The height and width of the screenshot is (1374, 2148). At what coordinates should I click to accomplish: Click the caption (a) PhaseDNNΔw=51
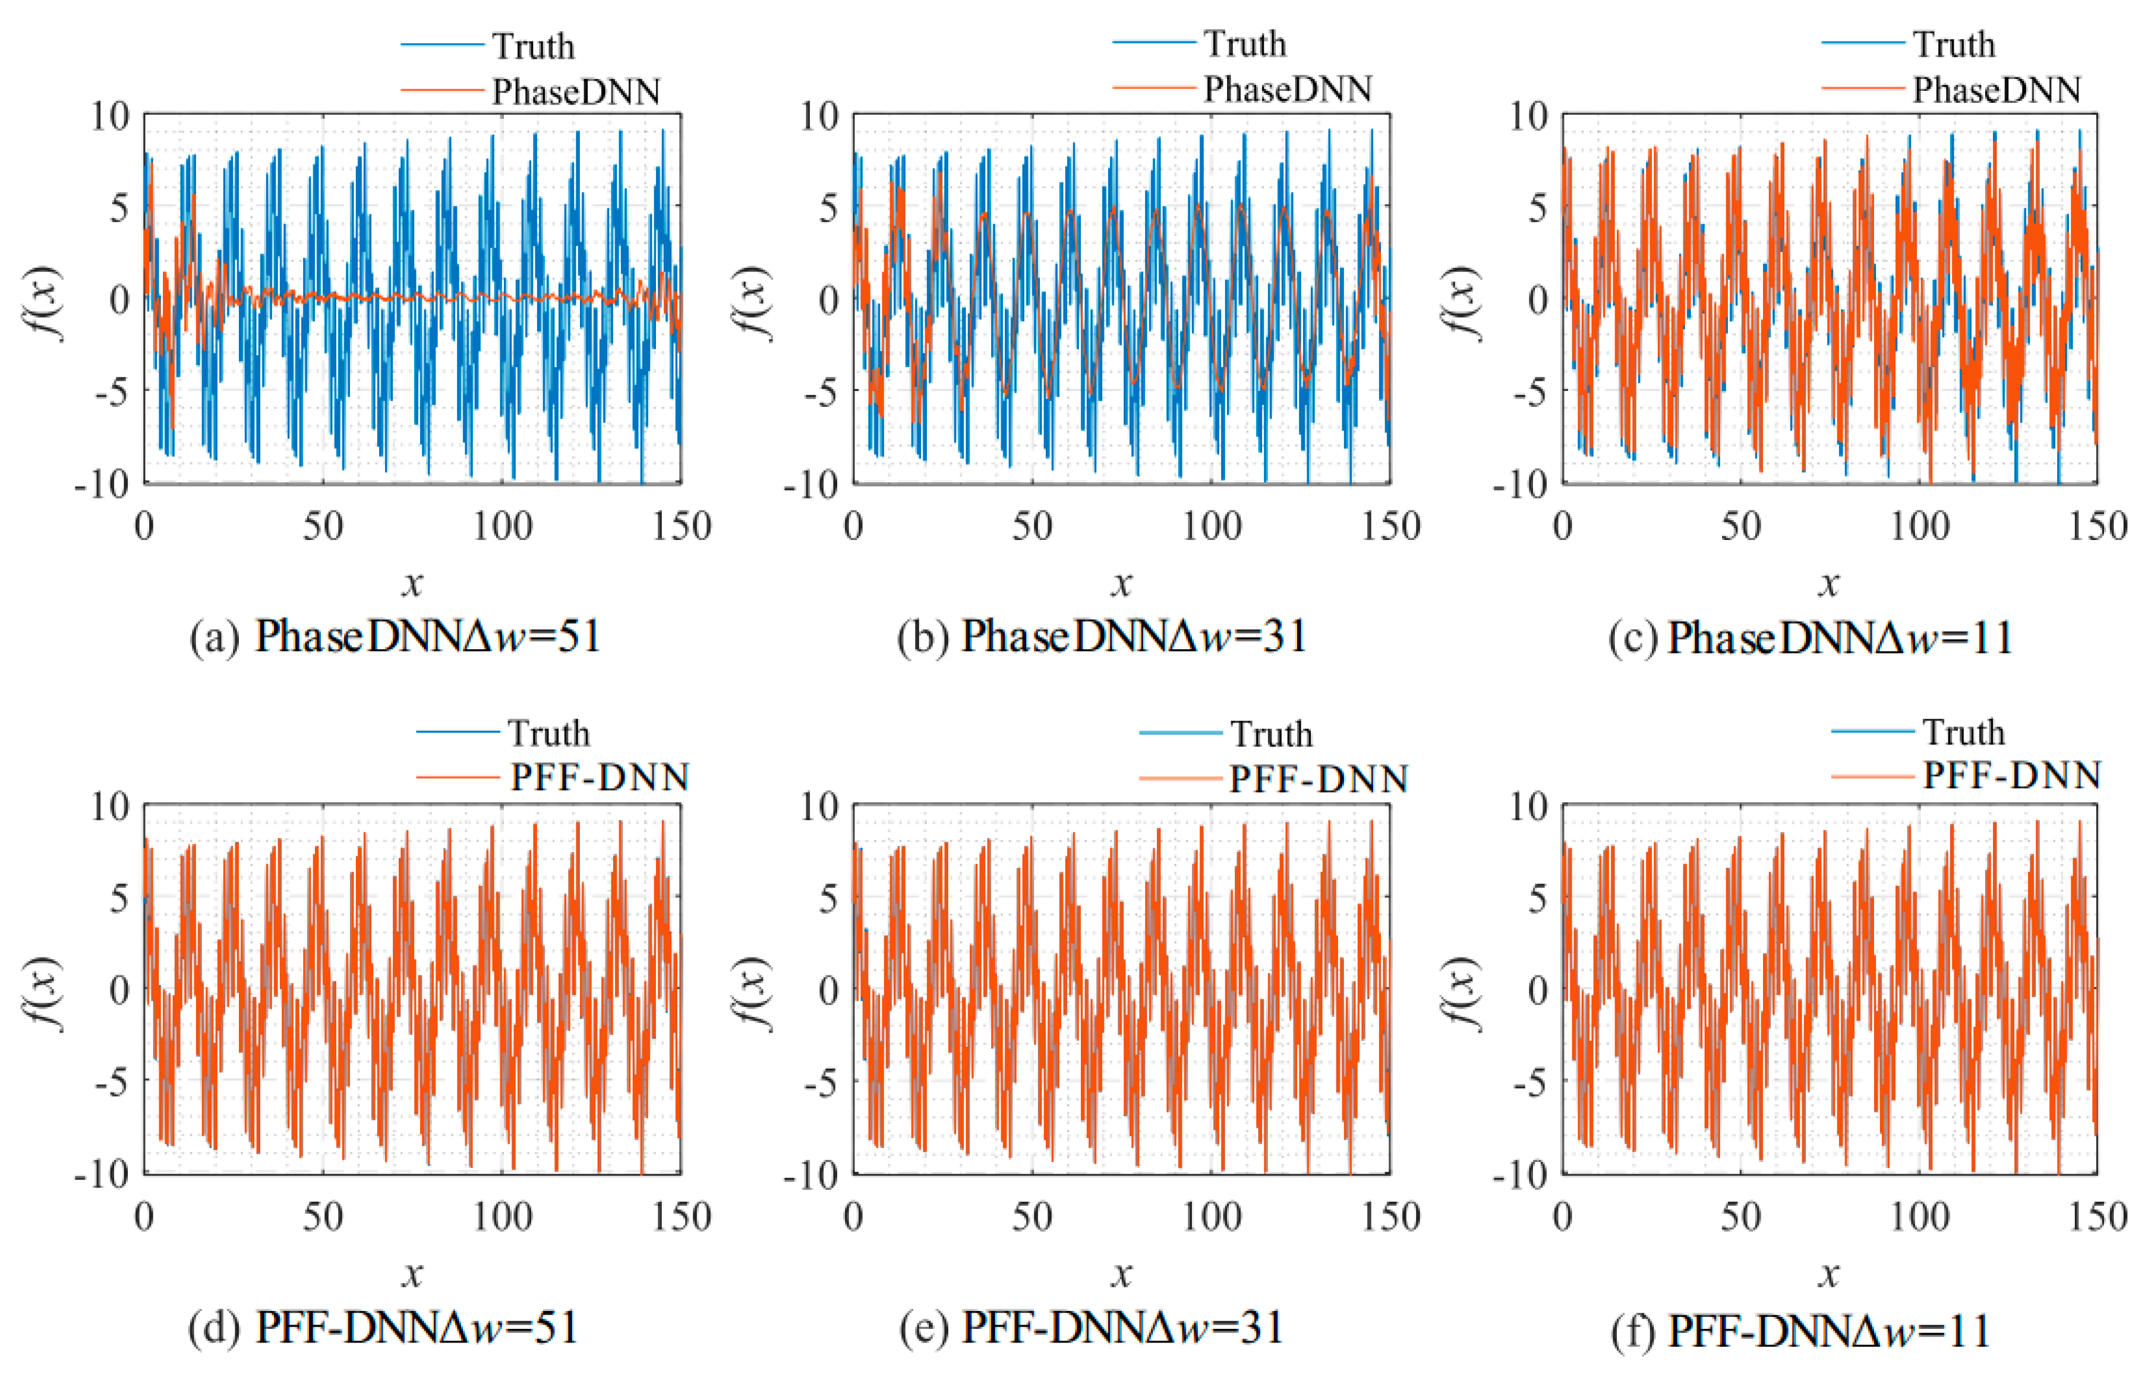click(x=395, y=637)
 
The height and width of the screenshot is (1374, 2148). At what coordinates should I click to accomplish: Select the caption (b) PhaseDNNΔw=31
click(x=1103, y=637)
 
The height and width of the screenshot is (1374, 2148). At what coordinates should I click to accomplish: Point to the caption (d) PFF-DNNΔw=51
click(x=384, y=1328)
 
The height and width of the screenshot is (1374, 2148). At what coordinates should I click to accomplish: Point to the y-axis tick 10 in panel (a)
click(x=110, y=116)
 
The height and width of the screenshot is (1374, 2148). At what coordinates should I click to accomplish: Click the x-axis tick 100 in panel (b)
click(x=1211, y=526)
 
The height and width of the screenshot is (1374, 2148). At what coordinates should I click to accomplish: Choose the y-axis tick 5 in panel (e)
click(x=828, y=898)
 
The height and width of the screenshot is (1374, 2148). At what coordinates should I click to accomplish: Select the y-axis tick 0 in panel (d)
click(x=119, y=990)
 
